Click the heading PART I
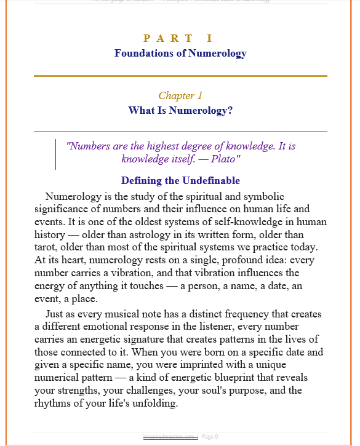pyautogui.click(x=180, y=39)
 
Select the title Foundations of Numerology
pyautogui.click(x=180, y=53)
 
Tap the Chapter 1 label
pyautogui.click(x=180, y=95)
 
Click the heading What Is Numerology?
pyautogui.click(x=180, y=111)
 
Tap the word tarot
pyautogui.click(x=47, y=247)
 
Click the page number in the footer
pyautogui.click(x=210, y=436)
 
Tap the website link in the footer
pyautogui.click(x=170, y=436)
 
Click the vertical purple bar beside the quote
pyautogui.click(x=56, y=153)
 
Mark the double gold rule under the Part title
pyautogui.click(x=180, y=76)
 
